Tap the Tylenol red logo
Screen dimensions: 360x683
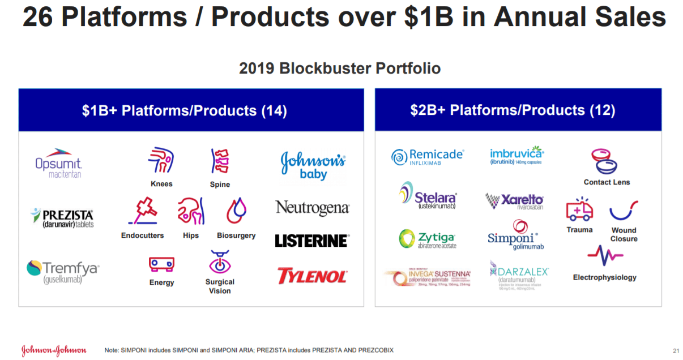tap(311, 276)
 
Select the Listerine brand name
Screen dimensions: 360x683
tap(311, 241)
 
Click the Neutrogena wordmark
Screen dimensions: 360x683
tap(312, 208)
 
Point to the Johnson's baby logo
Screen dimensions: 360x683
tap(313, 166)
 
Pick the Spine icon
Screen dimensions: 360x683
tap(220, 161)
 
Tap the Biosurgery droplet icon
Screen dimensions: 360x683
tap(236, 211)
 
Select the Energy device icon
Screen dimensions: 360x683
tap(161, 264)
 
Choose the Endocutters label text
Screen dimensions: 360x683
tap(142, 235)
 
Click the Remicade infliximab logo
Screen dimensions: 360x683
tap(428, 157)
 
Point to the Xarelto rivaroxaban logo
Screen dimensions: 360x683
tap(514, 201)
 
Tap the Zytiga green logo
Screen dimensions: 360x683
tap(428, 239)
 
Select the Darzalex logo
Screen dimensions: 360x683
tap(519, 275)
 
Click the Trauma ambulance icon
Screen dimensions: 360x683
tap(579, 210)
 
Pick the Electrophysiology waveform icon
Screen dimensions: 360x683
tap(604, 256)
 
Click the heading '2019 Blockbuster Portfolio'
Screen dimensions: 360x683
tap(340, 68)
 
